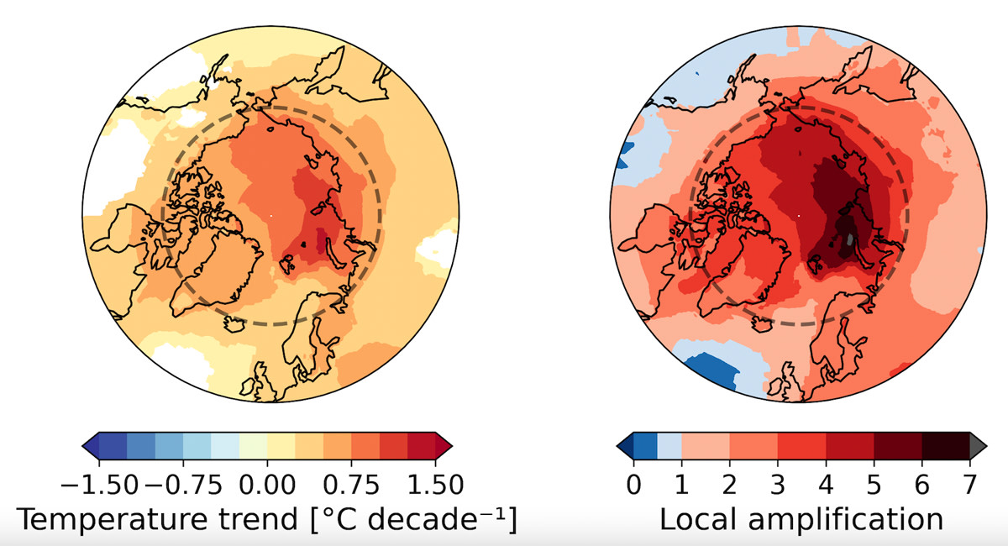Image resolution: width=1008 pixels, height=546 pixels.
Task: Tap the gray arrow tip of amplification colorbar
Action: [979, 443]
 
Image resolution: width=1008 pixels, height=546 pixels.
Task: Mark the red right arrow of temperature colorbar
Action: [444, 443]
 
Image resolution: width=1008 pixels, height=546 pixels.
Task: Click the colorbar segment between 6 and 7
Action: [947, 443]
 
